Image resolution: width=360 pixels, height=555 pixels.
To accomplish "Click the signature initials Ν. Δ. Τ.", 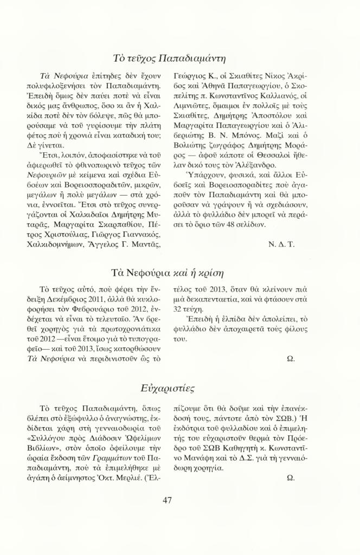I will pyautogui.click(x=281, y=244).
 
